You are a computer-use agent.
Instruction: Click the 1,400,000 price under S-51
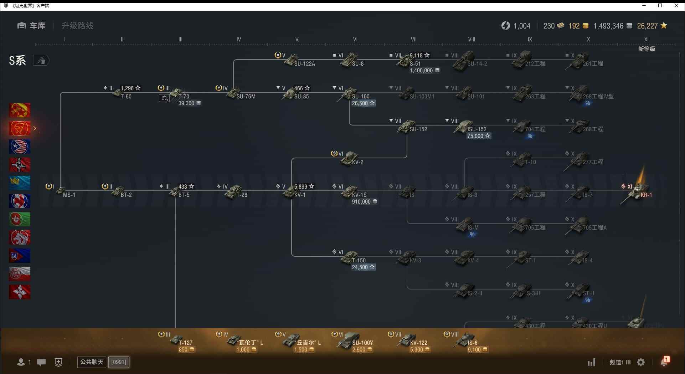(x=424, y=71)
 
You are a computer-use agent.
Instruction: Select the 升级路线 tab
(x=77, y=26)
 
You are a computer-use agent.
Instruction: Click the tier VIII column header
(x=472, y=39)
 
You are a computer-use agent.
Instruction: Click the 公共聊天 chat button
(x=92, y=362)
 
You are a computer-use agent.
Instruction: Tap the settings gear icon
(x=641, y=362)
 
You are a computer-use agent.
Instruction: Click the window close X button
(x=676, y=5)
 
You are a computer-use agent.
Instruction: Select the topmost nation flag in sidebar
(x=20, y=110)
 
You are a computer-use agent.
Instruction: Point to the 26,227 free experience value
(x=647, y=26)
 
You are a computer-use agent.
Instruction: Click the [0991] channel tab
(x=119, y=362)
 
